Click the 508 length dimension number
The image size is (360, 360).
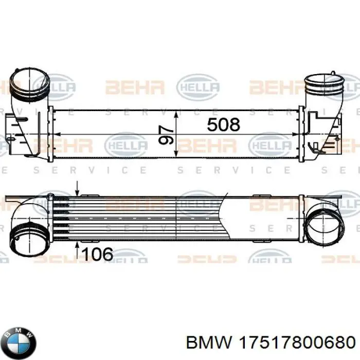pos(223,124)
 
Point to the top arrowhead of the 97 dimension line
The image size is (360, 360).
pos(177,113)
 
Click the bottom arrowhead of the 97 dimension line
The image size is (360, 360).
pos(177,151)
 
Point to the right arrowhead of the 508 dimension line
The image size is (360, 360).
pos(297,135)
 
